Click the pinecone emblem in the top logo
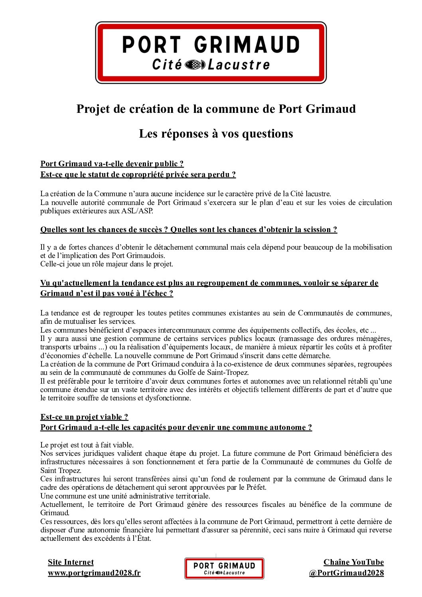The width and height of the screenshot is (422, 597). (195, 65)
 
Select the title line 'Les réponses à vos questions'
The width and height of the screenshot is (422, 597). (216, 134)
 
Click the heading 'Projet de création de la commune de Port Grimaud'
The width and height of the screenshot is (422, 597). (216, 109)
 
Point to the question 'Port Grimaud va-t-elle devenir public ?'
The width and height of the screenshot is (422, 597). (112, 164)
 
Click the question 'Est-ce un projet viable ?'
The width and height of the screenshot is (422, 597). (84, 417)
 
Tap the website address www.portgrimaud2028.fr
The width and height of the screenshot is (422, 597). (94, 573)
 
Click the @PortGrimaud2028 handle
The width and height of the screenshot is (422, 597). (346, 573)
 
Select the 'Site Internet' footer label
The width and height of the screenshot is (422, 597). (71, 562)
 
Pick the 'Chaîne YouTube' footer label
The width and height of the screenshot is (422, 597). (353, 562)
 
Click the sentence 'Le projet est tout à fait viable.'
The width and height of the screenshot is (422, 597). (87, 445)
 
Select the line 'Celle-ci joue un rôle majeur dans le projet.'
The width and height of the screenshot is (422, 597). (106, 264)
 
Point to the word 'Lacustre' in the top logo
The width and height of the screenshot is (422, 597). (239, 65)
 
